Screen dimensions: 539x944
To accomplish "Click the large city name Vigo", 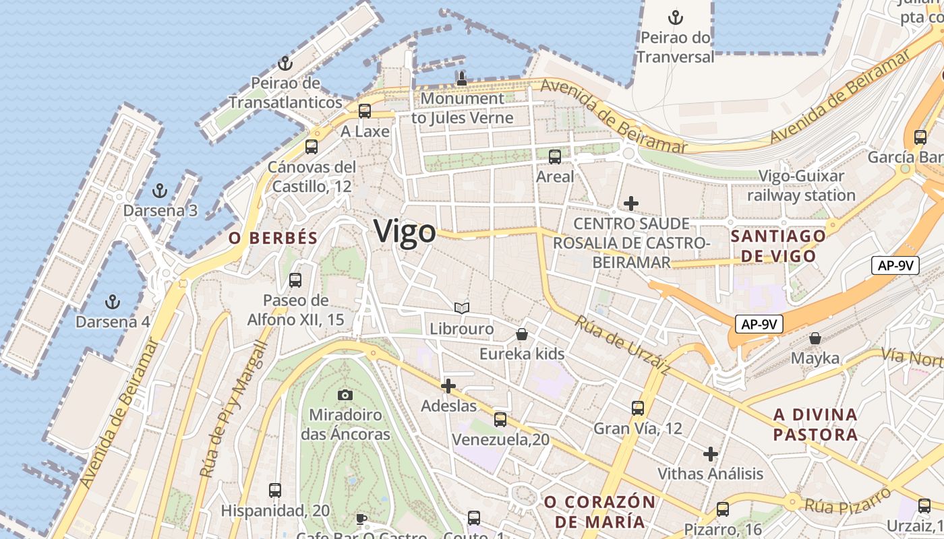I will [x=405, y=232].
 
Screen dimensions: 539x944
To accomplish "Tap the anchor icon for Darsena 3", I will [x=160, y=191].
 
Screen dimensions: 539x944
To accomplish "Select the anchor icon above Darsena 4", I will [x=113, y=301].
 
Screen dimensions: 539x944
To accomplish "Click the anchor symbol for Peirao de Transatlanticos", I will [x=285, y=64].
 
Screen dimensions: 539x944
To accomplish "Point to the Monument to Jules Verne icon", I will [x=462, y=78].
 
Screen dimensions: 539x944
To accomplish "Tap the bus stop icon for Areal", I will [x=555, y=157].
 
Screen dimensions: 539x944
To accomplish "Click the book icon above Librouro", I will [x=462, y=309].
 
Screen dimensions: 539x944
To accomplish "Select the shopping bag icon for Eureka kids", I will [x=522, y=334].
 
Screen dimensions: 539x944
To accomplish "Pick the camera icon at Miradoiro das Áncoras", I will [x=345, y=395].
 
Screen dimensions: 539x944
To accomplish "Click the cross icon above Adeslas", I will [x=448, y=386].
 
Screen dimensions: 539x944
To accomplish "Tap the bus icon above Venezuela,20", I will [x=500, y=420].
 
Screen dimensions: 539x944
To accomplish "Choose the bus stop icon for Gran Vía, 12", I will [x=638, y=408].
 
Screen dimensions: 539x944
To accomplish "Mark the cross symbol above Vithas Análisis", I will [x=711, y=453].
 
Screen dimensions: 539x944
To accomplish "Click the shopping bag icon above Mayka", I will [x=815, y=338].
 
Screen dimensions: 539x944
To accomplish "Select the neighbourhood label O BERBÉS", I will [x=273, y=238].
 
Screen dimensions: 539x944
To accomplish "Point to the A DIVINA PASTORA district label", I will [x=816, y=424].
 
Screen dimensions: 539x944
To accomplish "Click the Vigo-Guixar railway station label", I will [x=801, y=186].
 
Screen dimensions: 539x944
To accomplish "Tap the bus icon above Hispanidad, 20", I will [x=275, y=490].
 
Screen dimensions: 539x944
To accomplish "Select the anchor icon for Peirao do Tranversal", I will [x=676, y=17].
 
